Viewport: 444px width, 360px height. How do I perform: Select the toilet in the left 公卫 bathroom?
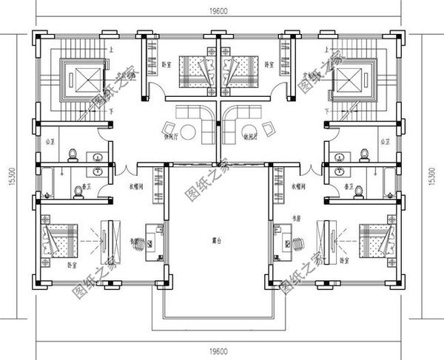point(72,154)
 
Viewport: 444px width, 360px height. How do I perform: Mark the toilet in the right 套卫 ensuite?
point(357,191)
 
